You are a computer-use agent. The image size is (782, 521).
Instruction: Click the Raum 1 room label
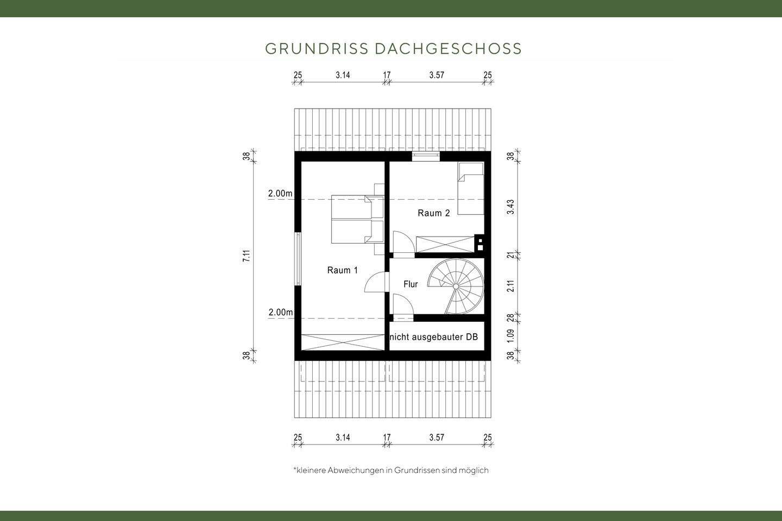coord(342,270)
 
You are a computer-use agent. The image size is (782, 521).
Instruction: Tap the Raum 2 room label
coord(433,213)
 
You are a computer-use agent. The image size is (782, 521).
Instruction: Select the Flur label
coord(411,284)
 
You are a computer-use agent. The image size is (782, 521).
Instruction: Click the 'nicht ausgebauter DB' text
coord(434,337)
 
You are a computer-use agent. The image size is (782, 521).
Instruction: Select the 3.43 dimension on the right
coord(510,207)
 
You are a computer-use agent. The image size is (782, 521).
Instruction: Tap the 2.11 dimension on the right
coord(510,285)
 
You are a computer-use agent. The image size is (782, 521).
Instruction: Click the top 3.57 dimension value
coord(436,75)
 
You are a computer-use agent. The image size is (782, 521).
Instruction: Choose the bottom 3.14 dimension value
coord(343,437)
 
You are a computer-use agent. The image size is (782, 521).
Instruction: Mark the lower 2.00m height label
coord(280,313)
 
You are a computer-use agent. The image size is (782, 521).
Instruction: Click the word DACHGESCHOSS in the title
coord(448,49)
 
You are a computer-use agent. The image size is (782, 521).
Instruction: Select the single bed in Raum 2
coord(470,188)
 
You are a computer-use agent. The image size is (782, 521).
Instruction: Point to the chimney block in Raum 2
coord(480,244)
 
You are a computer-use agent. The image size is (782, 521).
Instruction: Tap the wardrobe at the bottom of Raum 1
coord(343,342)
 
